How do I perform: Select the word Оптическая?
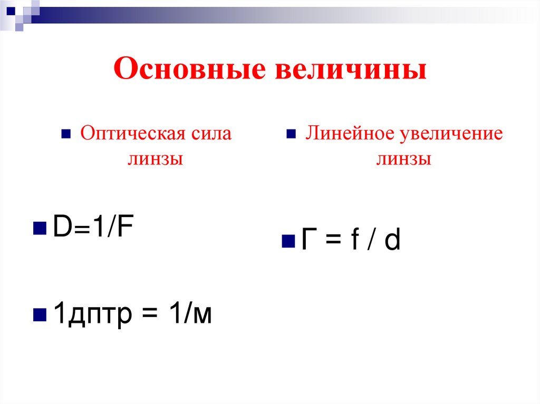pos(131,134)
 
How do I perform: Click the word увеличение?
pos(451,134)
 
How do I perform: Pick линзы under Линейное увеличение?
pos(403,159)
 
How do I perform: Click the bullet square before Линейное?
pos(291,134)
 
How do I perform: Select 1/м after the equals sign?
pos(190,314)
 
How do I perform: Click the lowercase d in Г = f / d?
pos(392,241)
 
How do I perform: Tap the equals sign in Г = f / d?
pos(330,242)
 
